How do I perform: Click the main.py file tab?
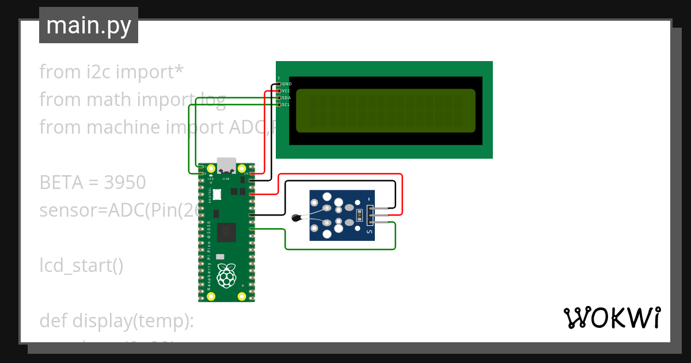tap(89, 26)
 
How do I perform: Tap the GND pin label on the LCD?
tap(287, 84)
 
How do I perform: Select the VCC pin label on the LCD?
tap(286, 91)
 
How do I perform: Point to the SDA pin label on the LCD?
tap(286, 98)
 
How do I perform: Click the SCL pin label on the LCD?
tap(286, 105)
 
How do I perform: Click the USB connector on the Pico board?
tap(226, 165)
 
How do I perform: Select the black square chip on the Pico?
tap(227, 232)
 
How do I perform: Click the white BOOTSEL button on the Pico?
tap(217, 195)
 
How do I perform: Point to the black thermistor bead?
tap(297, 218)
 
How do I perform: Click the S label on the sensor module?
tap(370, 232)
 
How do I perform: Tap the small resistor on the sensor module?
tap(360, 215)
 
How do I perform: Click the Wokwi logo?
tap(612, 318)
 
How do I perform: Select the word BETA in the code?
tap(61, 183)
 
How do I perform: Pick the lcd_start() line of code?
tap(81, 266)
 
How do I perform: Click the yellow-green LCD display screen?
tap(385, 111)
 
